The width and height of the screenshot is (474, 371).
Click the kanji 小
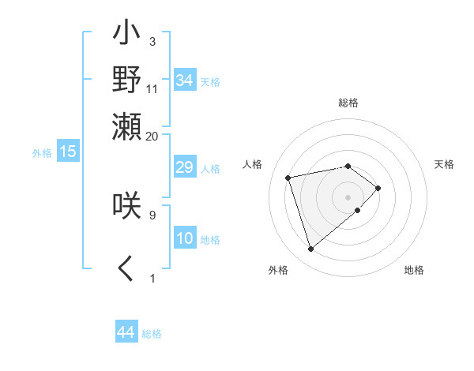[x=126, y=35]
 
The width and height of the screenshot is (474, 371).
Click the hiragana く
[x=126, y=269]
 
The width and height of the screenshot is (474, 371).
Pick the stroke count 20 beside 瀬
[x=152, y=135]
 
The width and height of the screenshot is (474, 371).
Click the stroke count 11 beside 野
[x=152, y=88]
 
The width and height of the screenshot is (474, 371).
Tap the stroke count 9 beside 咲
[x=152, y=214]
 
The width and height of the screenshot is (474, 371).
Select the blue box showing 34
[x=184, y=81]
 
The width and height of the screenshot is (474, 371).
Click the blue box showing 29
[x=184, y=168]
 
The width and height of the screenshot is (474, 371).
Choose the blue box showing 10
[x=184, y=239]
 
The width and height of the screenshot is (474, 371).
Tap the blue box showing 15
[x=68, y=152]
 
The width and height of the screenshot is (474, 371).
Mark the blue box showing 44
[x=126, y=333]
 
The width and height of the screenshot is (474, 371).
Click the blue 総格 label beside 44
[x=152, y=334]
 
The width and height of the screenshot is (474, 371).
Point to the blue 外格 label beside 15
[x=41, y=153]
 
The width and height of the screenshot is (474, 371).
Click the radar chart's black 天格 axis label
[x=444, y=164]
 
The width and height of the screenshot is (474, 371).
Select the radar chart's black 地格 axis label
[x=414, y=270]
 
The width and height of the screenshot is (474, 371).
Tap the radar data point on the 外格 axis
[x=311, y=249]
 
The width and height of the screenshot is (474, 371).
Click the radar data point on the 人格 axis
[x=288, y=177]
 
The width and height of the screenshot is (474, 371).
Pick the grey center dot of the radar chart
[x=348, y=196]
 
